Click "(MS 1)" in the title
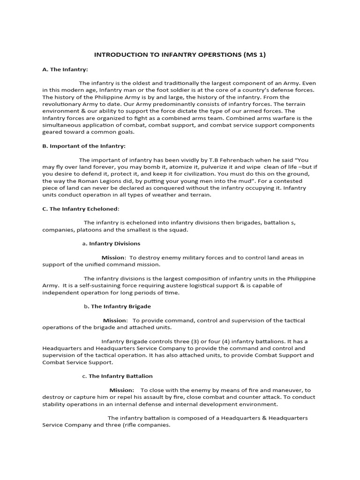tap(254, 55)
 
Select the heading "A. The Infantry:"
tap(65, 70)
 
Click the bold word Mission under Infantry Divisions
tap(113, 257)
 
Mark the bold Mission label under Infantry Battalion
tap(121, 390)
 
